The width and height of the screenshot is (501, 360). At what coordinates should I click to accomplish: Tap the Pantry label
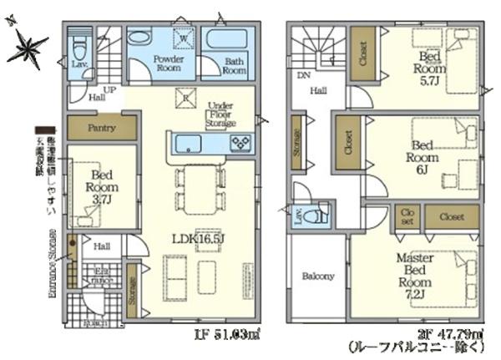click(x=101, y=129)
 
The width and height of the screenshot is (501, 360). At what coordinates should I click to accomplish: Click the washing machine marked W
click(x=183, y=38)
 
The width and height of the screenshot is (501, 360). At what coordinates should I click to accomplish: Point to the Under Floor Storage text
click(x=221, y=114)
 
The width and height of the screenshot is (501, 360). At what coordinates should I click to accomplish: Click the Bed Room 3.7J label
click(x=101, y=189)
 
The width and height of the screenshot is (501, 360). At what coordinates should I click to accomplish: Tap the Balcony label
click(x=317, y=276)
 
